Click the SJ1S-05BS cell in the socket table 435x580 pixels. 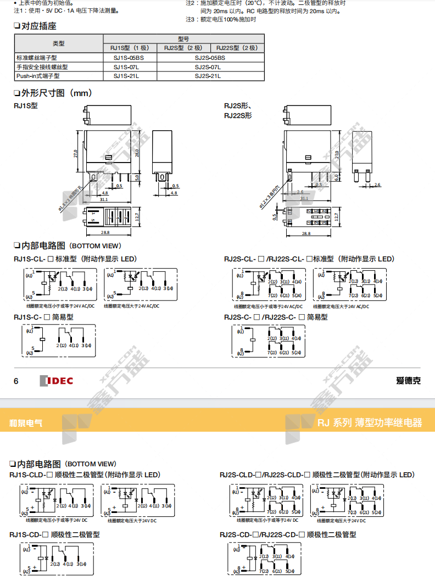click(129, 57)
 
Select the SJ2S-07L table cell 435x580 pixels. click(210, 66)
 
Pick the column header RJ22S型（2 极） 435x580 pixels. click(237, 48)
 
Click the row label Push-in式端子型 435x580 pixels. click(38, 76)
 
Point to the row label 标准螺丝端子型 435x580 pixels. click(37, 57)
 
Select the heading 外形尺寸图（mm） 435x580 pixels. click(56, 93)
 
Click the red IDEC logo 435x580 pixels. click(56, 381)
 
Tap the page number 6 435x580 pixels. click(16, 381)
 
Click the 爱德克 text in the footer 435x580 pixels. click(408, 381)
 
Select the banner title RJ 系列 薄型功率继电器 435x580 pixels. click(370, 423)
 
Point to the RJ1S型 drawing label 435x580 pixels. click(26, 105)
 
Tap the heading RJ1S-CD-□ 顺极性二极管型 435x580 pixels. click(54, 534)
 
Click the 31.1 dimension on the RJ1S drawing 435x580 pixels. click(104, 199)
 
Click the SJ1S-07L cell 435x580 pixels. click(129, 66)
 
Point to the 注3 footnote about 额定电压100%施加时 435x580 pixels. click(221, 19)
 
